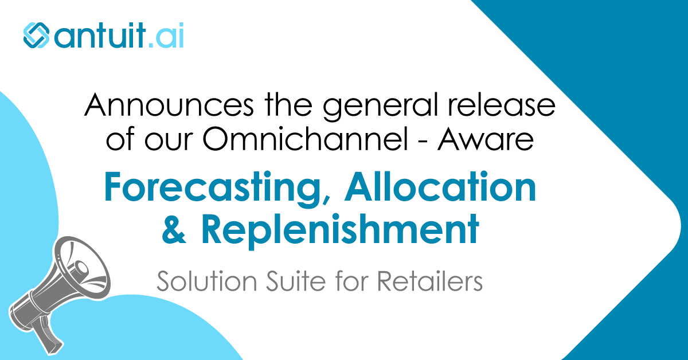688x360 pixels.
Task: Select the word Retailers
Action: (x=430, y=283)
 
